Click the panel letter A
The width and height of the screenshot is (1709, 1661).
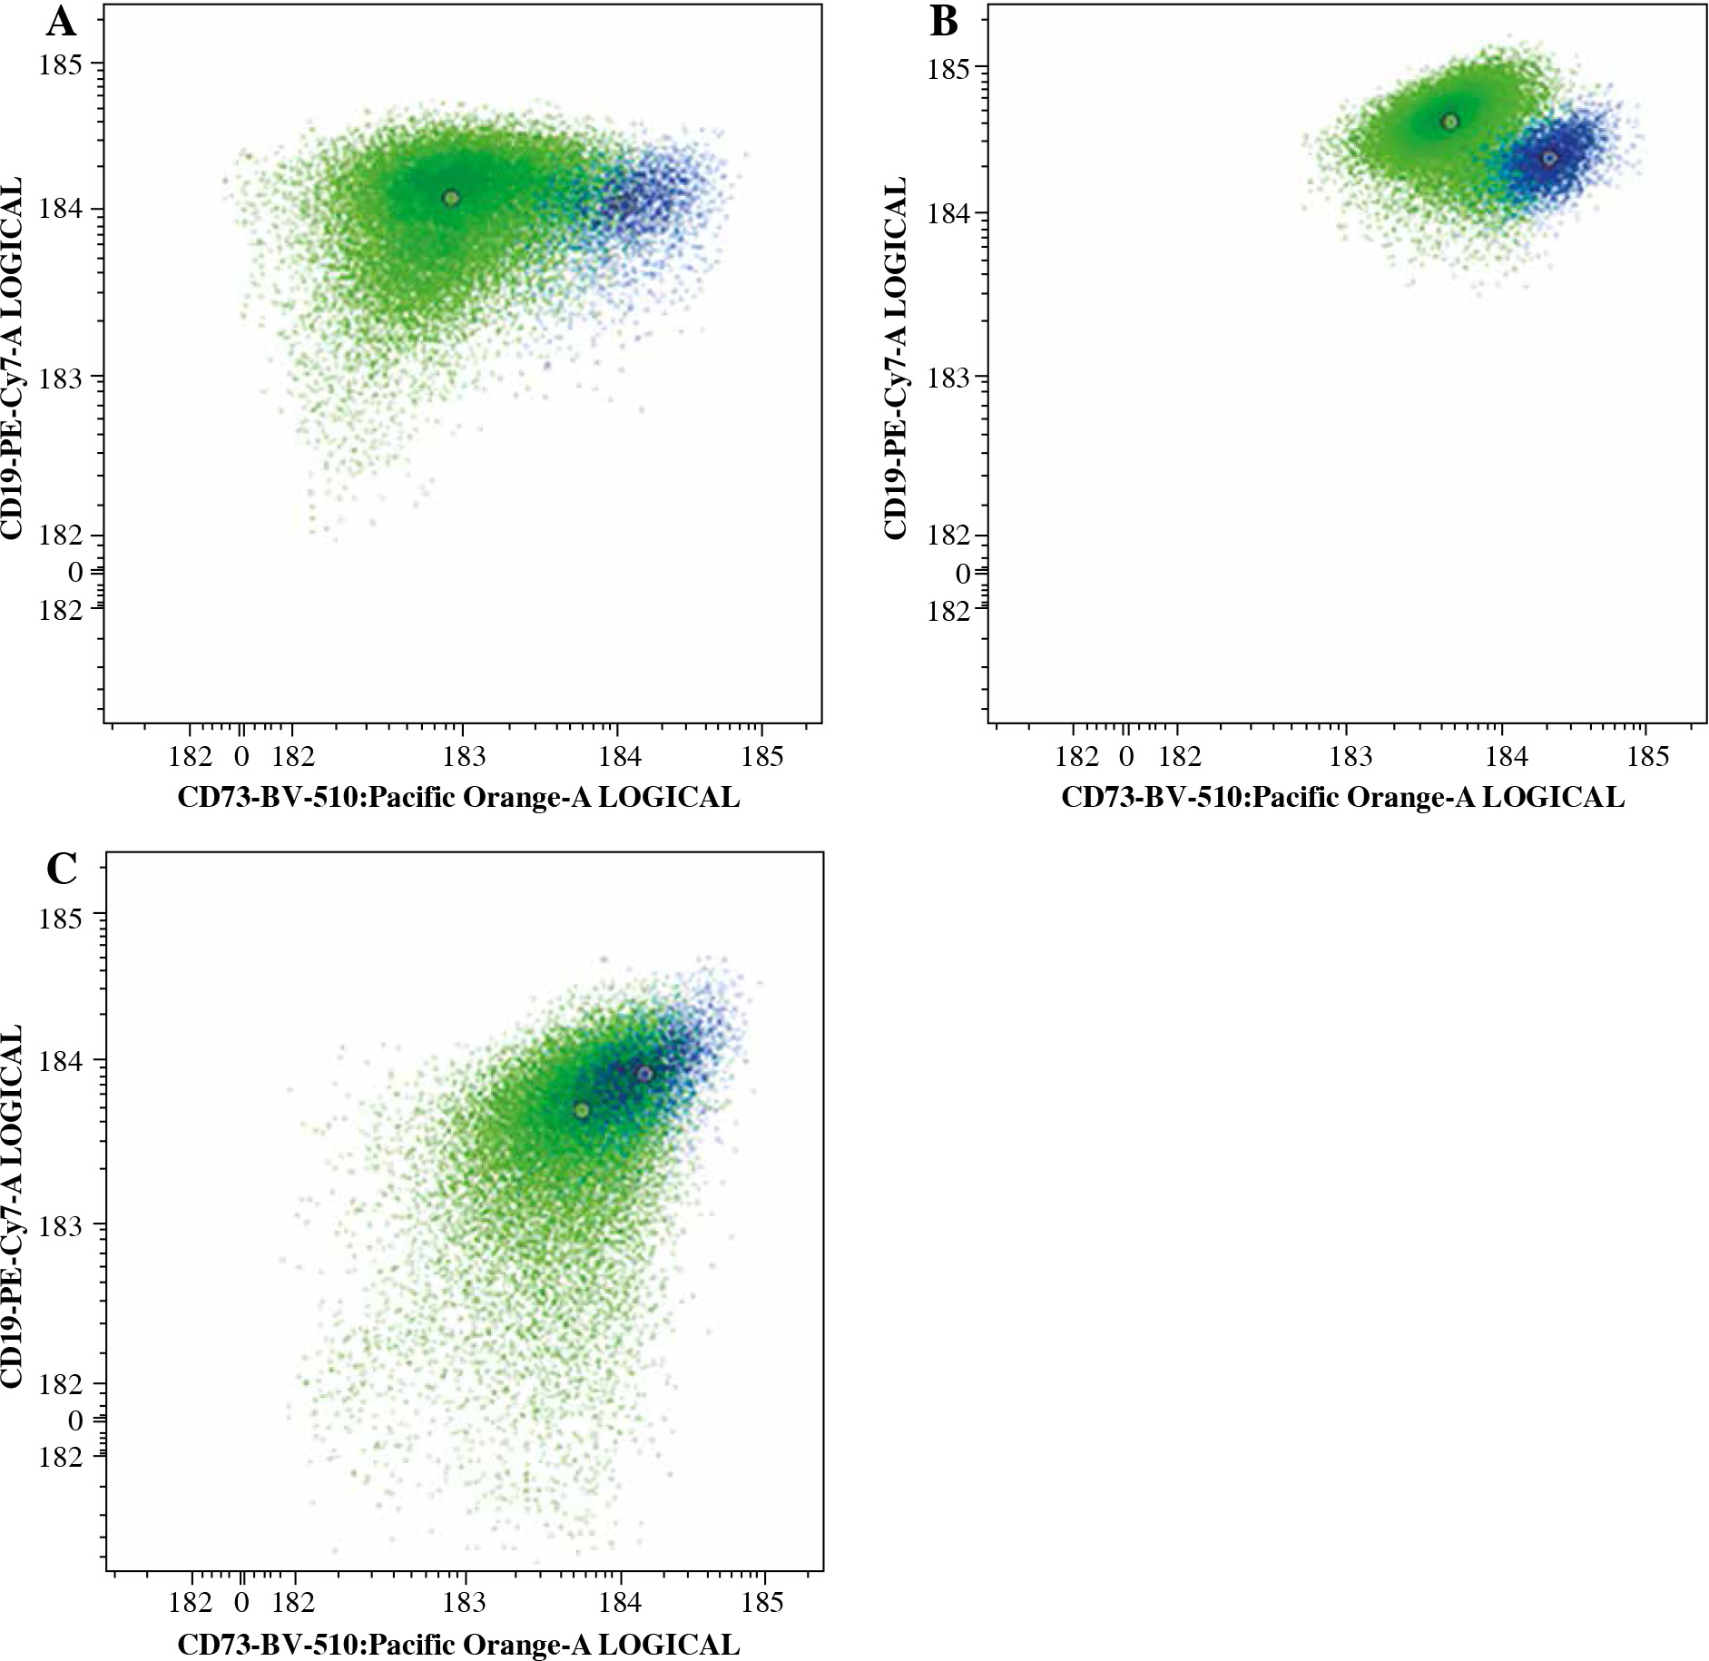[x=62, y=23]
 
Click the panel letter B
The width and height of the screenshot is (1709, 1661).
[x=944, y=23]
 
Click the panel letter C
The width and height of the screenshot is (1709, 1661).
[x=62, y=870]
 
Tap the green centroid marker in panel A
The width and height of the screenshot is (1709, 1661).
[x=451, y=198]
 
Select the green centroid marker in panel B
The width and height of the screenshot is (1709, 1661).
[x=1450, y=122]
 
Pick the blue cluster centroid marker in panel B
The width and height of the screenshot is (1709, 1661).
[x=1549, y=158]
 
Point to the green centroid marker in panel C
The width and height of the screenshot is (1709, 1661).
[x=582, y=1110]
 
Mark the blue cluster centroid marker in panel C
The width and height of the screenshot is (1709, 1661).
[x=644, y=1074]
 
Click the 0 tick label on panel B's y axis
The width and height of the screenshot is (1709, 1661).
[x=963, y=574]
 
